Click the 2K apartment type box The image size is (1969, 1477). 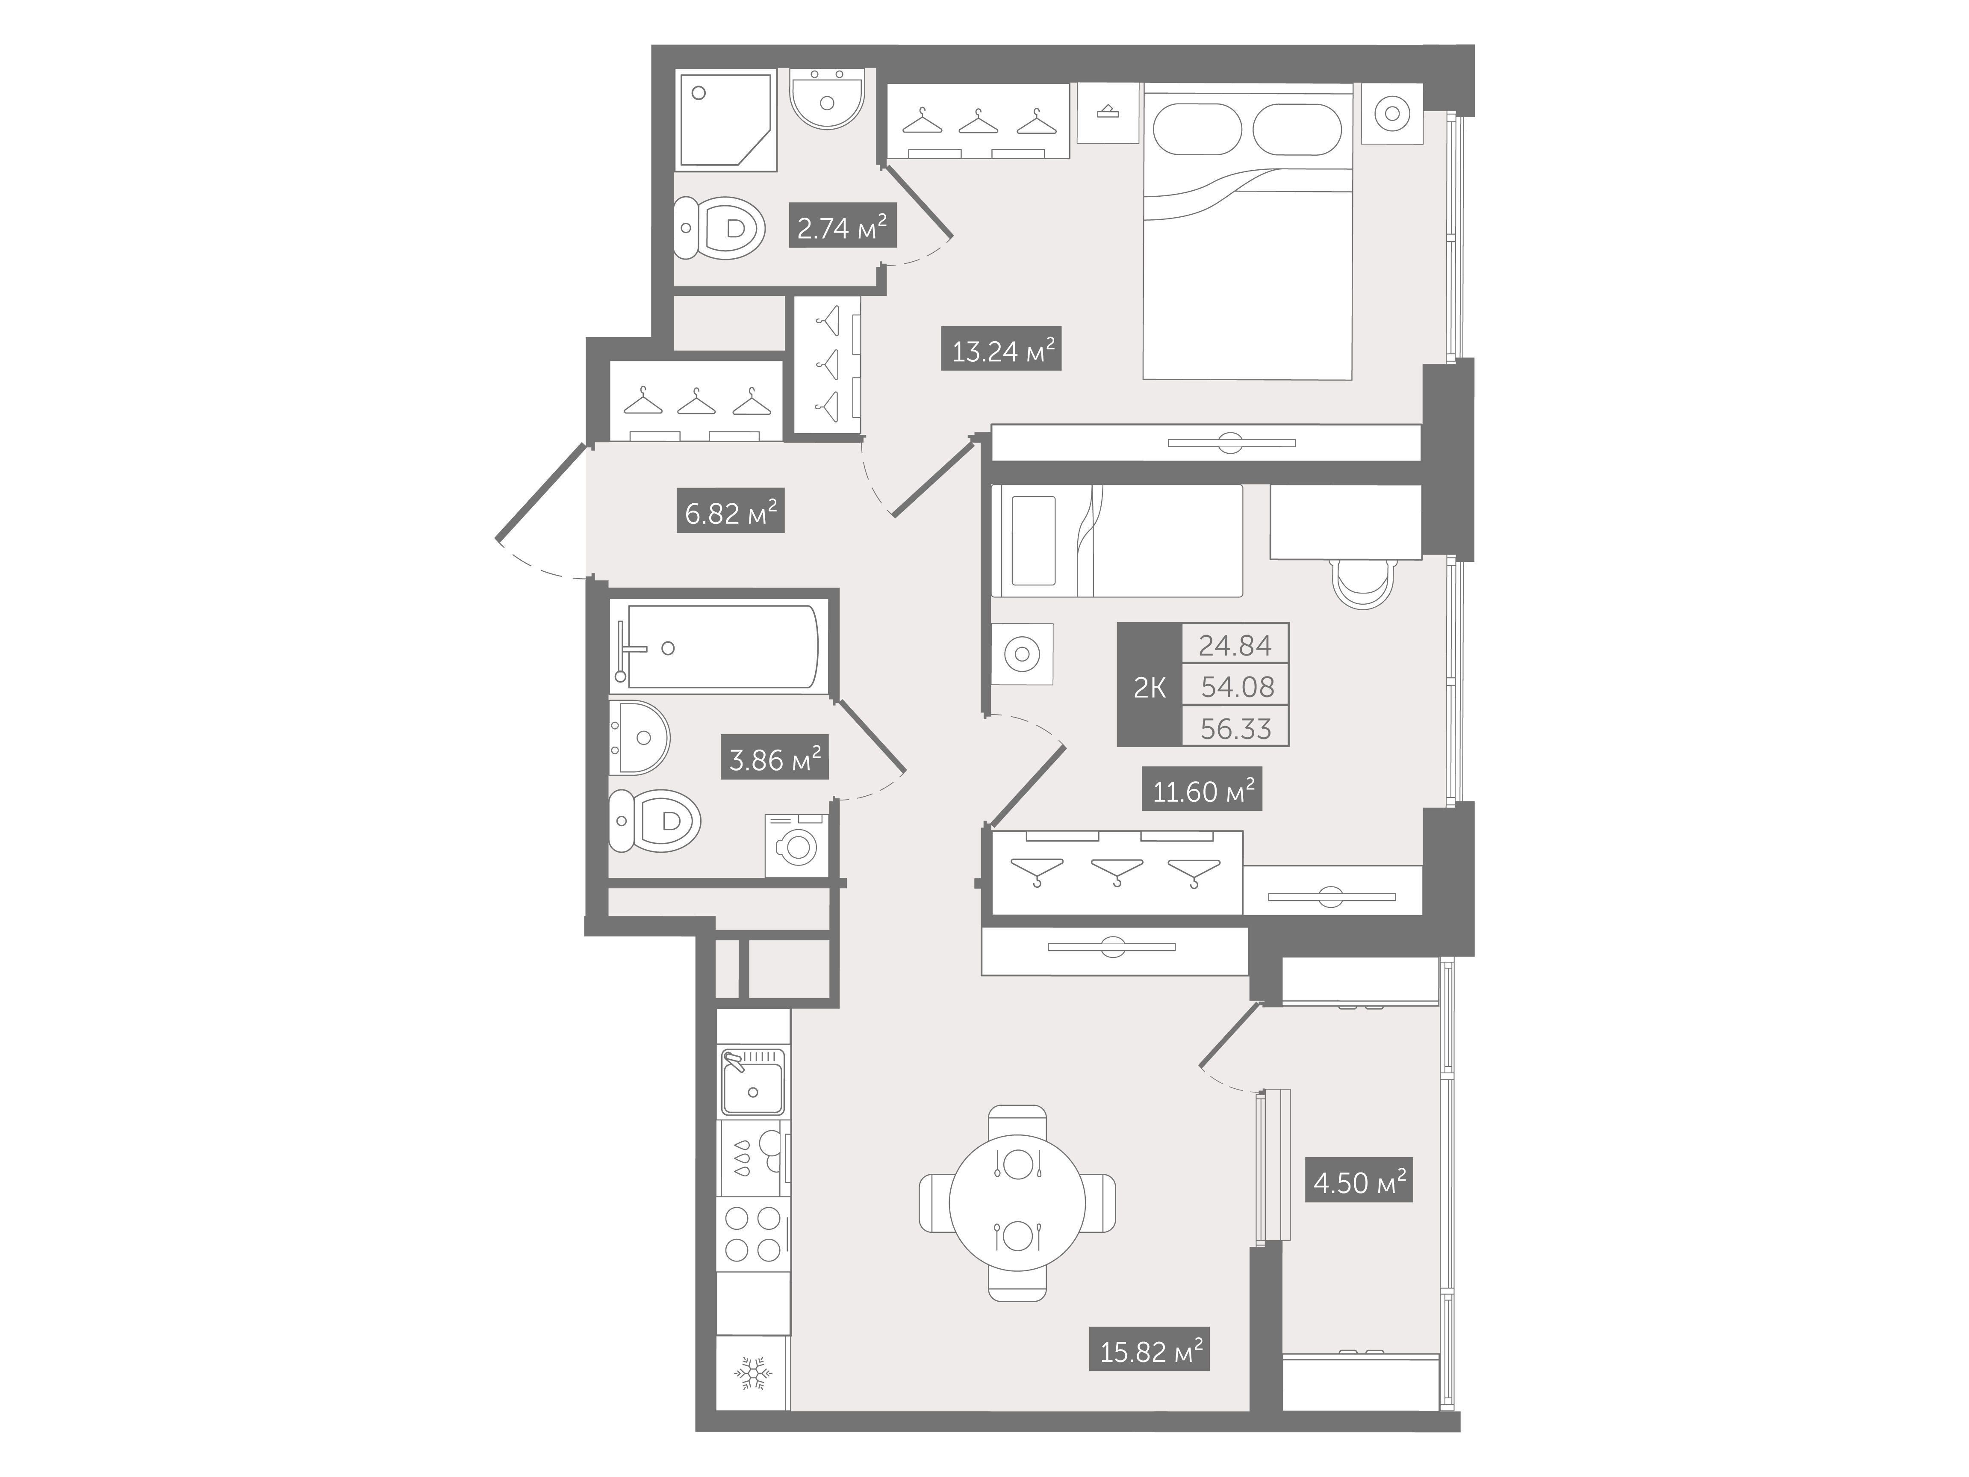pos(1149,684)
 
